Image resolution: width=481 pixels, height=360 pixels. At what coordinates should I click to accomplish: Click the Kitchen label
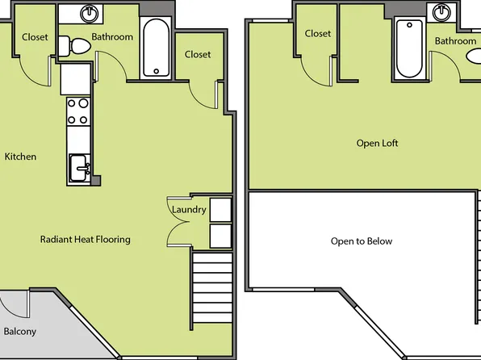(x=20, y=157)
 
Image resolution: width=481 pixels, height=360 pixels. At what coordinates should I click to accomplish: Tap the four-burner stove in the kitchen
(x=78, y=111)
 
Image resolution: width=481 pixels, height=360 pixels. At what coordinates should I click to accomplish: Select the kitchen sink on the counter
(x=78, y=168)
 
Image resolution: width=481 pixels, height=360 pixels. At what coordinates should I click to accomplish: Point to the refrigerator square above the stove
(x=76, y=79)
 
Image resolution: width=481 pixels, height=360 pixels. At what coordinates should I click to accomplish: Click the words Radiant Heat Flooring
(x=86, y=240)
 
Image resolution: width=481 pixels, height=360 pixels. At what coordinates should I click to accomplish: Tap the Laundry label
(x=189, y=210)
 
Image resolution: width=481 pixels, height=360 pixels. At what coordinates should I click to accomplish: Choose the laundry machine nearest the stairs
(x=220, y=236)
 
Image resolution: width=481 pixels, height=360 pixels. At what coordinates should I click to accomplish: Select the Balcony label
(x=19, y=332)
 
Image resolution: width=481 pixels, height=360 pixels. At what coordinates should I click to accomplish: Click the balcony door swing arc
(x=15, y=304)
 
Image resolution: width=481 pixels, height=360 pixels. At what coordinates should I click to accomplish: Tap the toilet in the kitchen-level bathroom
(x=78, y=48)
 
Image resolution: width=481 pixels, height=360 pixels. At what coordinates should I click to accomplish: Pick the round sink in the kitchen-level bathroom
(x=90, y=14)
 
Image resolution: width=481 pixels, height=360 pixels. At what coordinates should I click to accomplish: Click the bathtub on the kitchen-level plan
(x=155, y=48)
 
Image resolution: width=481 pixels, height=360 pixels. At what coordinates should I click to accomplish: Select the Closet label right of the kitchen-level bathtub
(x=198, y=55)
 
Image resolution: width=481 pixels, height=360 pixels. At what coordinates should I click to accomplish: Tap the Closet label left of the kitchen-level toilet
(x=35, y=37)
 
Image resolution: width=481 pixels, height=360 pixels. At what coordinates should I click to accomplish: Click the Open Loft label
(x=378, y=144)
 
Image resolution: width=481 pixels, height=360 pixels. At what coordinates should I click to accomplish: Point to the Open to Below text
(x=362, y=241)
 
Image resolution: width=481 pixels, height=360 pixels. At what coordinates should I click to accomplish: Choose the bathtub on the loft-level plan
(x=408, y=48)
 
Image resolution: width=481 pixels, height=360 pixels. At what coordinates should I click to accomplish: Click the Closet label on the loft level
(x=318, y=34)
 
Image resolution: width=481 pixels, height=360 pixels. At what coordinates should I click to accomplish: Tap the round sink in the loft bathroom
(x=442, y=13)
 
